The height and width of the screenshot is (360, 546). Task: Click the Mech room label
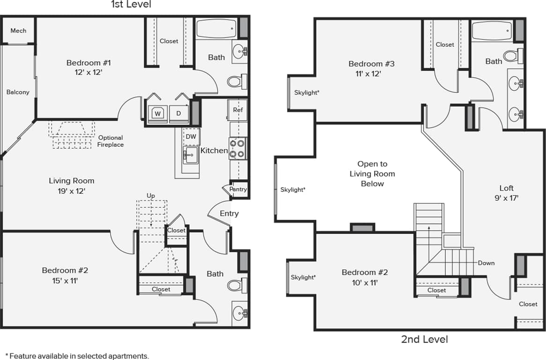point(18,31)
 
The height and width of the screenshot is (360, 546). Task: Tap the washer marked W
point(158,113)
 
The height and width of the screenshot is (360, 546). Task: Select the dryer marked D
point(178,113)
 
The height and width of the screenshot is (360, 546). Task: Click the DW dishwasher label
point(191,137)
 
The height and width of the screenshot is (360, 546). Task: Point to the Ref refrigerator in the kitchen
point(238,110)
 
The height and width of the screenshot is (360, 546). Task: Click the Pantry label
point(238,190)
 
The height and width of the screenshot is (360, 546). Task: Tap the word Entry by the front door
point(229,213)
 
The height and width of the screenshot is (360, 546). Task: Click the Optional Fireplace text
point(111,141)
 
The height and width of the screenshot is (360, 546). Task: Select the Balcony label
point(18,92)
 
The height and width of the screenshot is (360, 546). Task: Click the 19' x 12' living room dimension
point(72,191)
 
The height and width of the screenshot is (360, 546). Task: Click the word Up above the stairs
point(151,196)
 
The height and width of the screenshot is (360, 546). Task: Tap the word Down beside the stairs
point(486,263)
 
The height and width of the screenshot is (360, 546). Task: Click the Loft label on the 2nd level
point(506,188)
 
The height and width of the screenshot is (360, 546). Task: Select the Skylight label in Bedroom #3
point(307,93)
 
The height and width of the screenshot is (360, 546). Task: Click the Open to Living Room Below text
point(372,174)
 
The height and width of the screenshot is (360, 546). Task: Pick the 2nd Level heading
point(424,339)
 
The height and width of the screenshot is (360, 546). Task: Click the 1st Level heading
point(131,5)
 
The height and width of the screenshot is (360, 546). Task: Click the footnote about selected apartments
point(77,356)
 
